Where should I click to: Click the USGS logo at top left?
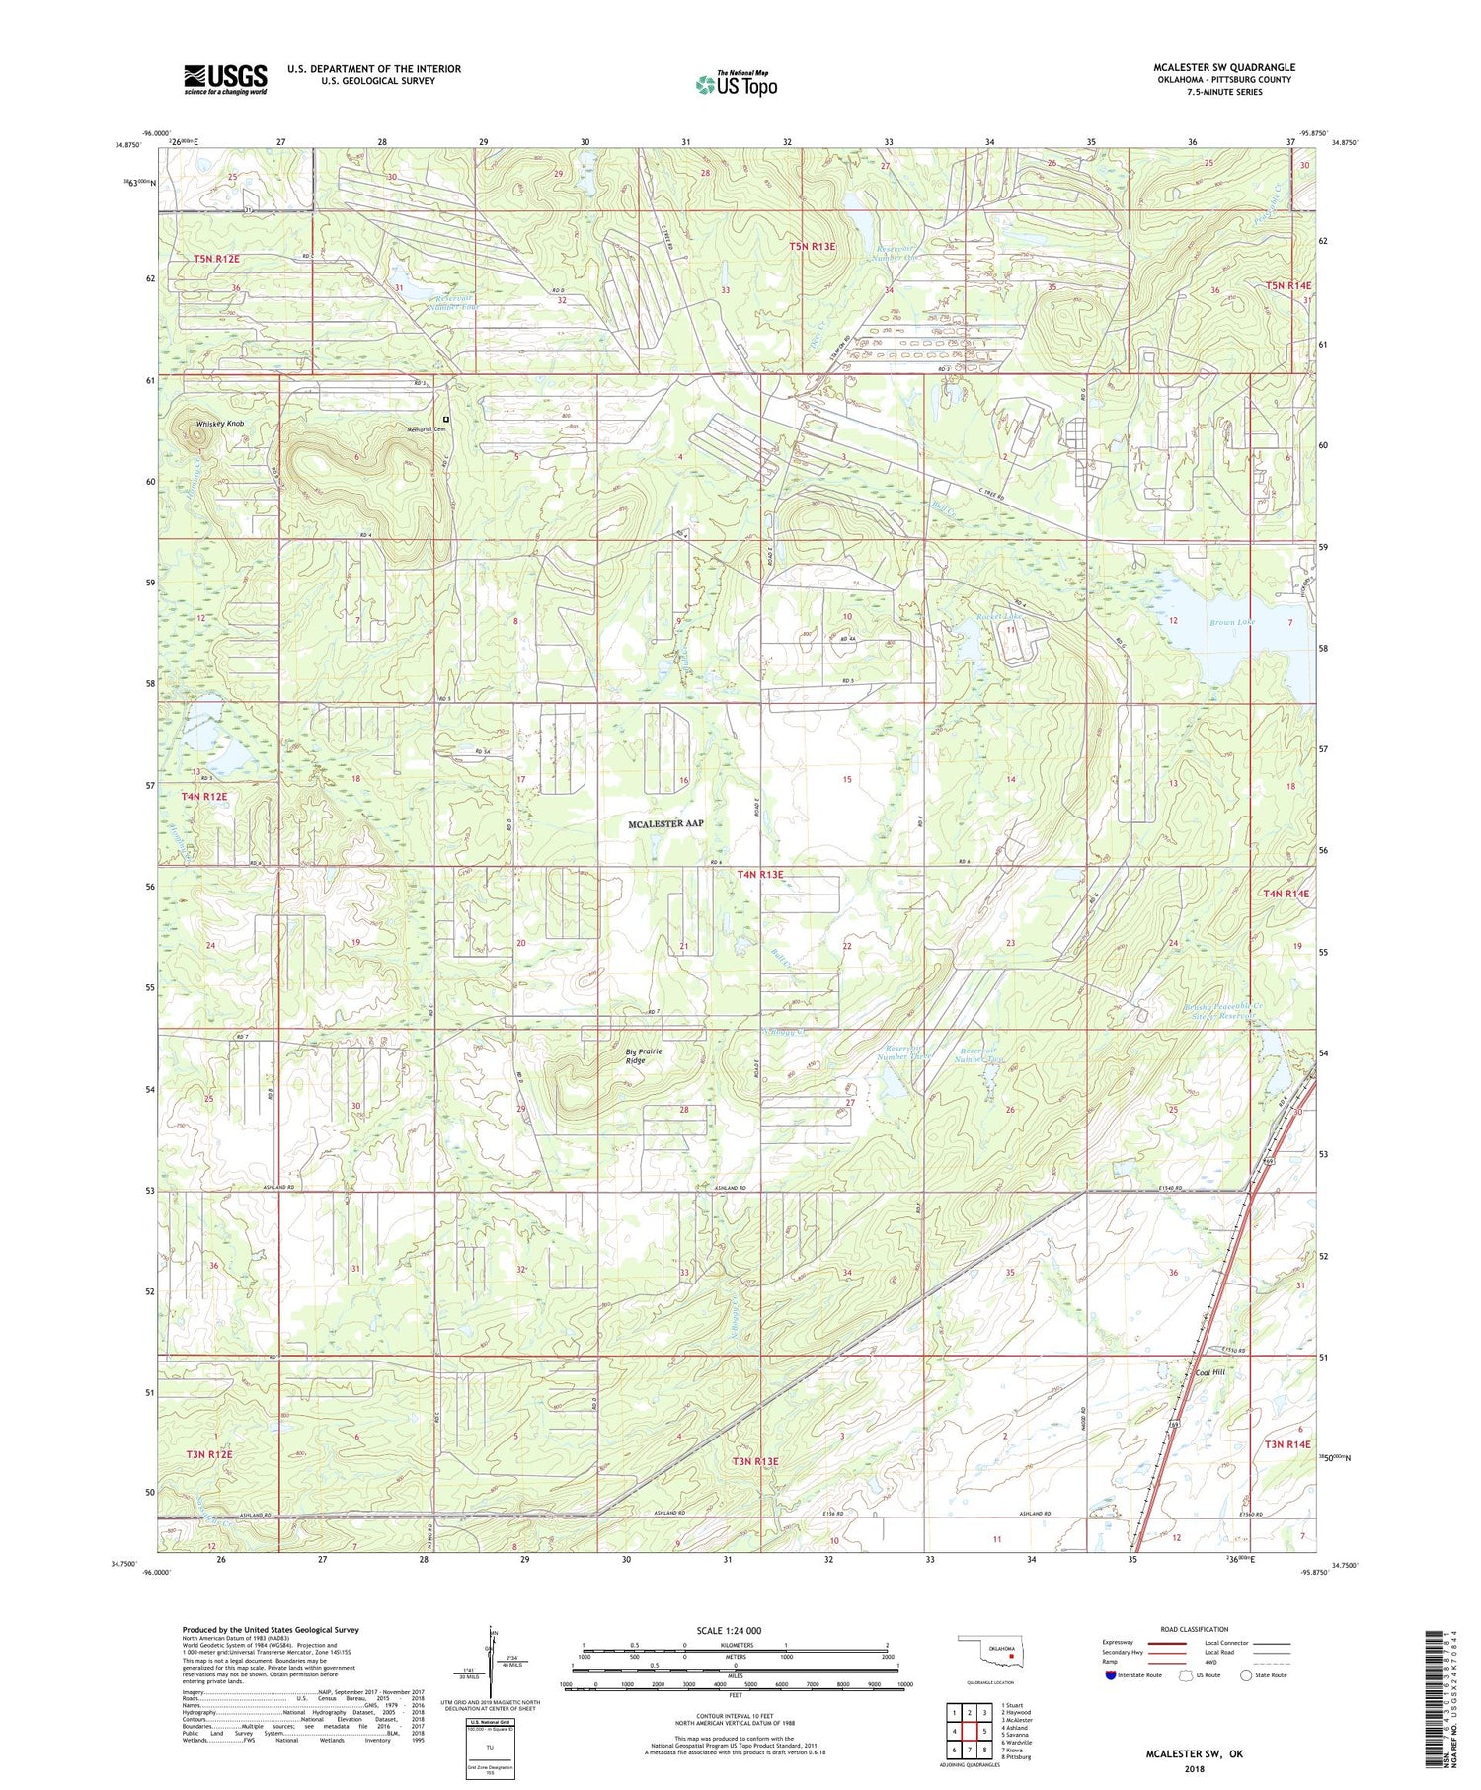click(x=225, y=79)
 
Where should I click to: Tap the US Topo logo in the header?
click(x=737, y=85)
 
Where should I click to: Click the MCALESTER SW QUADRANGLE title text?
click(x=1224, y=67)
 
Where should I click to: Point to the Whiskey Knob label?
click(x=219, y=424)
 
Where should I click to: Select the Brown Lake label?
click(x=1231, y=622)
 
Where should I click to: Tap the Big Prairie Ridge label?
click(x=642, y=1055)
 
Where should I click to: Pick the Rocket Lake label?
click(x=996, y=617)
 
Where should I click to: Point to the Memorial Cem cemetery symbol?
click(x=446, y=419)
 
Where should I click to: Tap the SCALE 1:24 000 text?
click(x=729, y=1630)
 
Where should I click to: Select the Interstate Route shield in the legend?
click(x=1113, y=1674)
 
